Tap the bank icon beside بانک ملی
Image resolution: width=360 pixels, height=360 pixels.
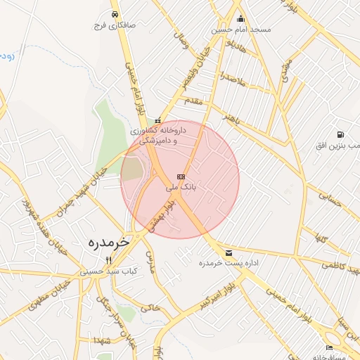[181, 176]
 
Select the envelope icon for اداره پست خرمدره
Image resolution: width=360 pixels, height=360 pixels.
[229, 252]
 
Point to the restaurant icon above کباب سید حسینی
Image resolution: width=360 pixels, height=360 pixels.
[108, 259]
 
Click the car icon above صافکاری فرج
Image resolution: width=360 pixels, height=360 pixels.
[115, 14]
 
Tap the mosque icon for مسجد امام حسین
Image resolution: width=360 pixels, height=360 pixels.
[241, 19]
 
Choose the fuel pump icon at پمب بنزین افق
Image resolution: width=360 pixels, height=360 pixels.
[340, 134]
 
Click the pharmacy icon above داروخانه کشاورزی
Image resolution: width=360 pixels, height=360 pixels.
[157, 120]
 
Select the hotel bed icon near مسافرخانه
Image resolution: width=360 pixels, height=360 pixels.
[329, 348]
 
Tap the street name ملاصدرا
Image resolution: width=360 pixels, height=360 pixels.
[231, 79]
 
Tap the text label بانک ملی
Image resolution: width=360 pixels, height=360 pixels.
[181, 188]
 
